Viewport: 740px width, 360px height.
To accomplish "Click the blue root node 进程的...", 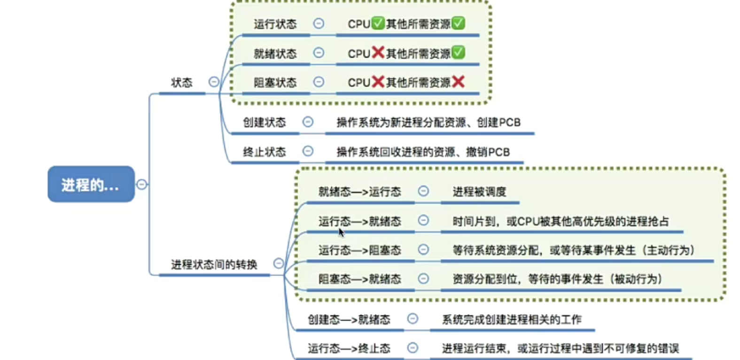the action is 91,184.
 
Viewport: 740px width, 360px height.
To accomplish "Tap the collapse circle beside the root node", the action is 142,184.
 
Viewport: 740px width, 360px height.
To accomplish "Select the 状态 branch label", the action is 181,82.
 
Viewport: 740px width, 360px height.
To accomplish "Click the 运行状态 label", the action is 275,24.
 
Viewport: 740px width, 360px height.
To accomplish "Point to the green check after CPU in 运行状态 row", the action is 378,23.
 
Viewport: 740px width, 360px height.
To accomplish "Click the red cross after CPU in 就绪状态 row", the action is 378,53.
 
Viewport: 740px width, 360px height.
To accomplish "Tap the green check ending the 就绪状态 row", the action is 458,53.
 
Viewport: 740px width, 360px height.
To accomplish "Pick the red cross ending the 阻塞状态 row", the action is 458,82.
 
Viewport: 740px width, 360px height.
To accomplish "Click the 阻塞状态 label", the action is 275,82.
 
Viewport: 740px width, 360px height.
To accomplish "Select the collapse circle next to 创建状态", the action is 308,122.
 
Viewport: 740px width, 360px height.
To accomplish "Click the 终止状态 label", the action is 264,152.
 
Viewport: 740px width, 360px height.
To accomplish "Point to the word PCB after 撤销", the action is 499,152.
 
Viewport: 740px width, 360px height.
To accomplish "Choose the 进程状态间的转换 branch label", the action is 214,265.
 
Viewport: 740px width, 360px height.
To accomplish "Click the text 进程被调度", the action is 479,192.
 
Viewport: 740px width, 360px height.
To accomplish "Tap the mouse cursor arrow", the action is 342,233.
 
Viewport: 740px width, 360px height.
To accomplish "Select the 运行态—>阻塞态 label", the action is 360,250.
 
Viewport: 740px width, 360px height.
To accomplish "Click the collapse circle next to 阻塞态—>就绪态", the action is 423,279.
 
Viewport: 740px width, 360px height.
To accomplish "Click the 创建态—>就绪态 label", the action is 349,319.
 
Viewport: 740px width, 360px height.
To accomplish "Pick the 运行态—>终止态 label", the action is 349,348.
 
